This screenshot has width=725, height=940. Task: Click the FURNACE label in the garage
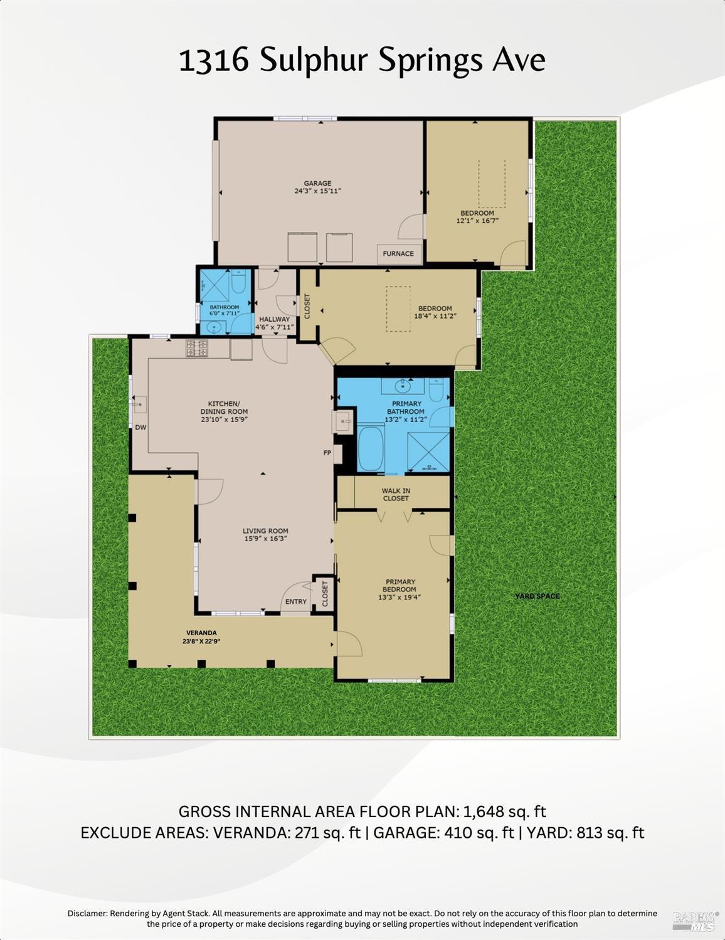[398, 254]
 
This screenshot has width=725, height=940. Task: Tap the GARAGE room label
[317, 184]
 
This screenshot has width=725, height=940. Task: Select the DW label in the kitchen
[140, 428]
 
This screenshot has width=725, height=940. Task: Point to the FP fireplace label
[327, 453]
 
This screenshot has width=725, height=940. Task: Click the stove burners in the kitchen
[196, 348]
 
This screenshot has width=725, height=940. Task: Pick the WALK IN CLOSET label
[396, 495]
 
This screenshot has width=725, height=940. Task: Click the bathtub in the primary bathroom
[371, 448]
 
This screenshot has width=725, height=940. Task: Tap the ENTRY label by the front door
[296, 601]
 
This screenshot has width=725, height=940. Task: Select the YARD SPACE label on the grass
[537, 596]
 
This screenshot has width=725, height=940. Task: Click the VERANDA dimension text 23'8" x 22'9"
[201, 642]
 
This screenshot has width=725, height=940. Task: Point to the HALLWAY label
[275, 319]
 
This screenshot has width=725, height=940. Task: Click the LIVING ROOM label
[265, 531]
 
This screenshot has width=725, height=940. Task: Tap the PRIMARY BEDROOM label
[400, 586]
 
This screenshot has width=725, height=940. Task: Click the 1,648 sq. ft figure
[505, 811]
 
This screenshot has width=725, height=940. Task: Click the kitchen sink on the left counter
[139, 405]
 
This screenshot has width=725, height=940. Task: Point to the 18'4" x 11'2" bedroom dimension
[435, 317]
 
